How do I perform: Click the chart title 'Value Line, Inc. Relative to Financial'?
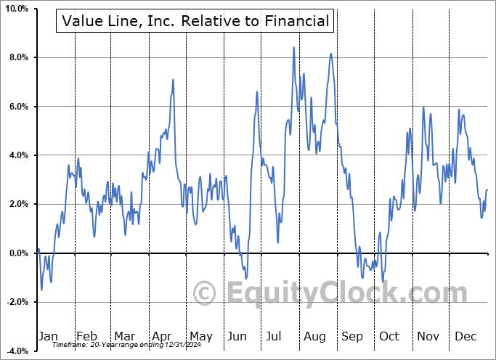point(195,21)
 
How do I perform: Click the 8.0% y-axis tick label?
point(17,57)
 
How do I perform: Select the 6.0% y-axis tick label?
point(17,107)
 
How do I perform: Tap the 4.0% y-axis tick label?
point(17,155)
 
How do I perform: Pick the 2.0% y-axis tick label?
point(17,204)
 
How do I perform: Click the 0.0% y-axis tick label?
point(17,253)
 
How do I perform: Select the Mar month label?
point(124,336)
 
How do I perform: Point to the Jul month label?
point(275,336)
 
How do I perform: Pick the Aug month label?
point(314,336)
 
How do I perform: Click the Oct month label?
point(389,336)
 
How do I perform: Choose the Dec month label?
point(465,336)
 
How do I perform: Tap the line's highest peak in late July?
point(294,48)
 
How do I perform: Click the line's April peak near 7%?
point(173,80)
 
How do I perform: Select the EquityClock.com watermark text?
point(330,294)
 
